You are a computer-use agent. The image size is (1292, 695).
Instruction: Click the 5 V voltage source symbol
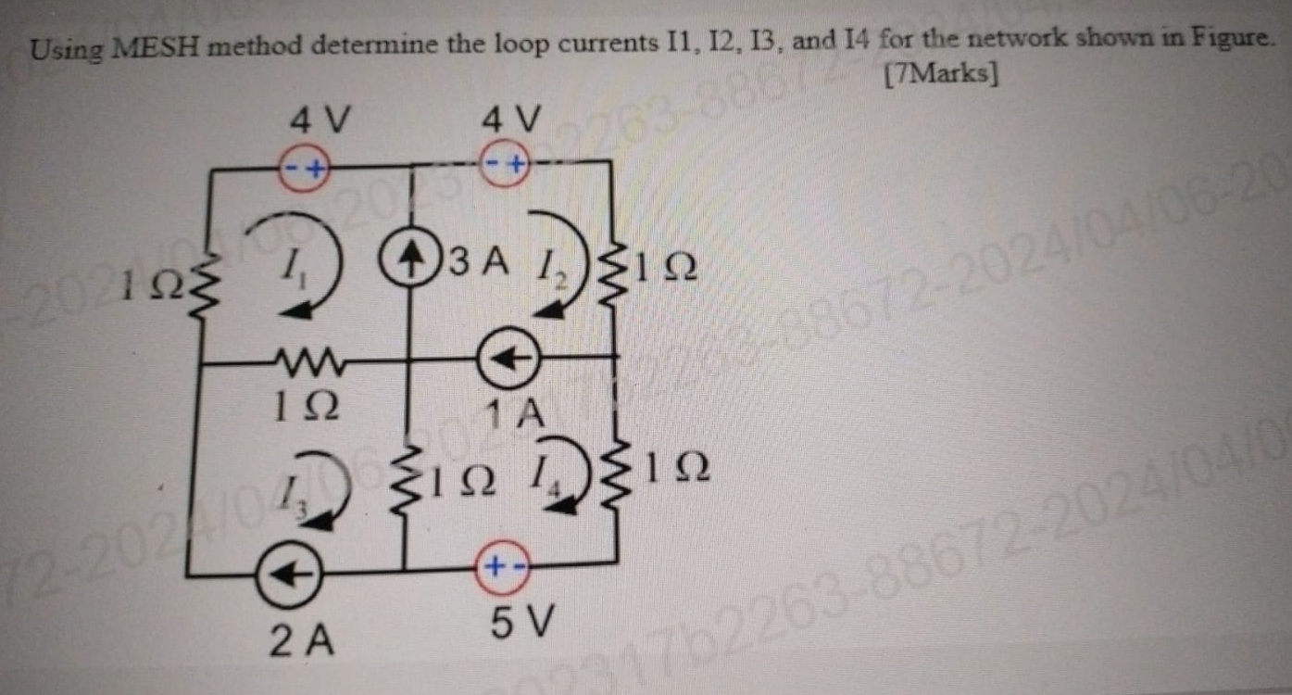click(x=502, y=563)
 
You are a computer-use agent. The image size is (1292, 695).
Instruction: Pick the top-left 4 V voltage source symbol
click(x=306, y=170)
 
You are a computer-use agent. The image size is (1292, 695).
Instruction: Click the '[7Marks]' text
click(x=942, y=74)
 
